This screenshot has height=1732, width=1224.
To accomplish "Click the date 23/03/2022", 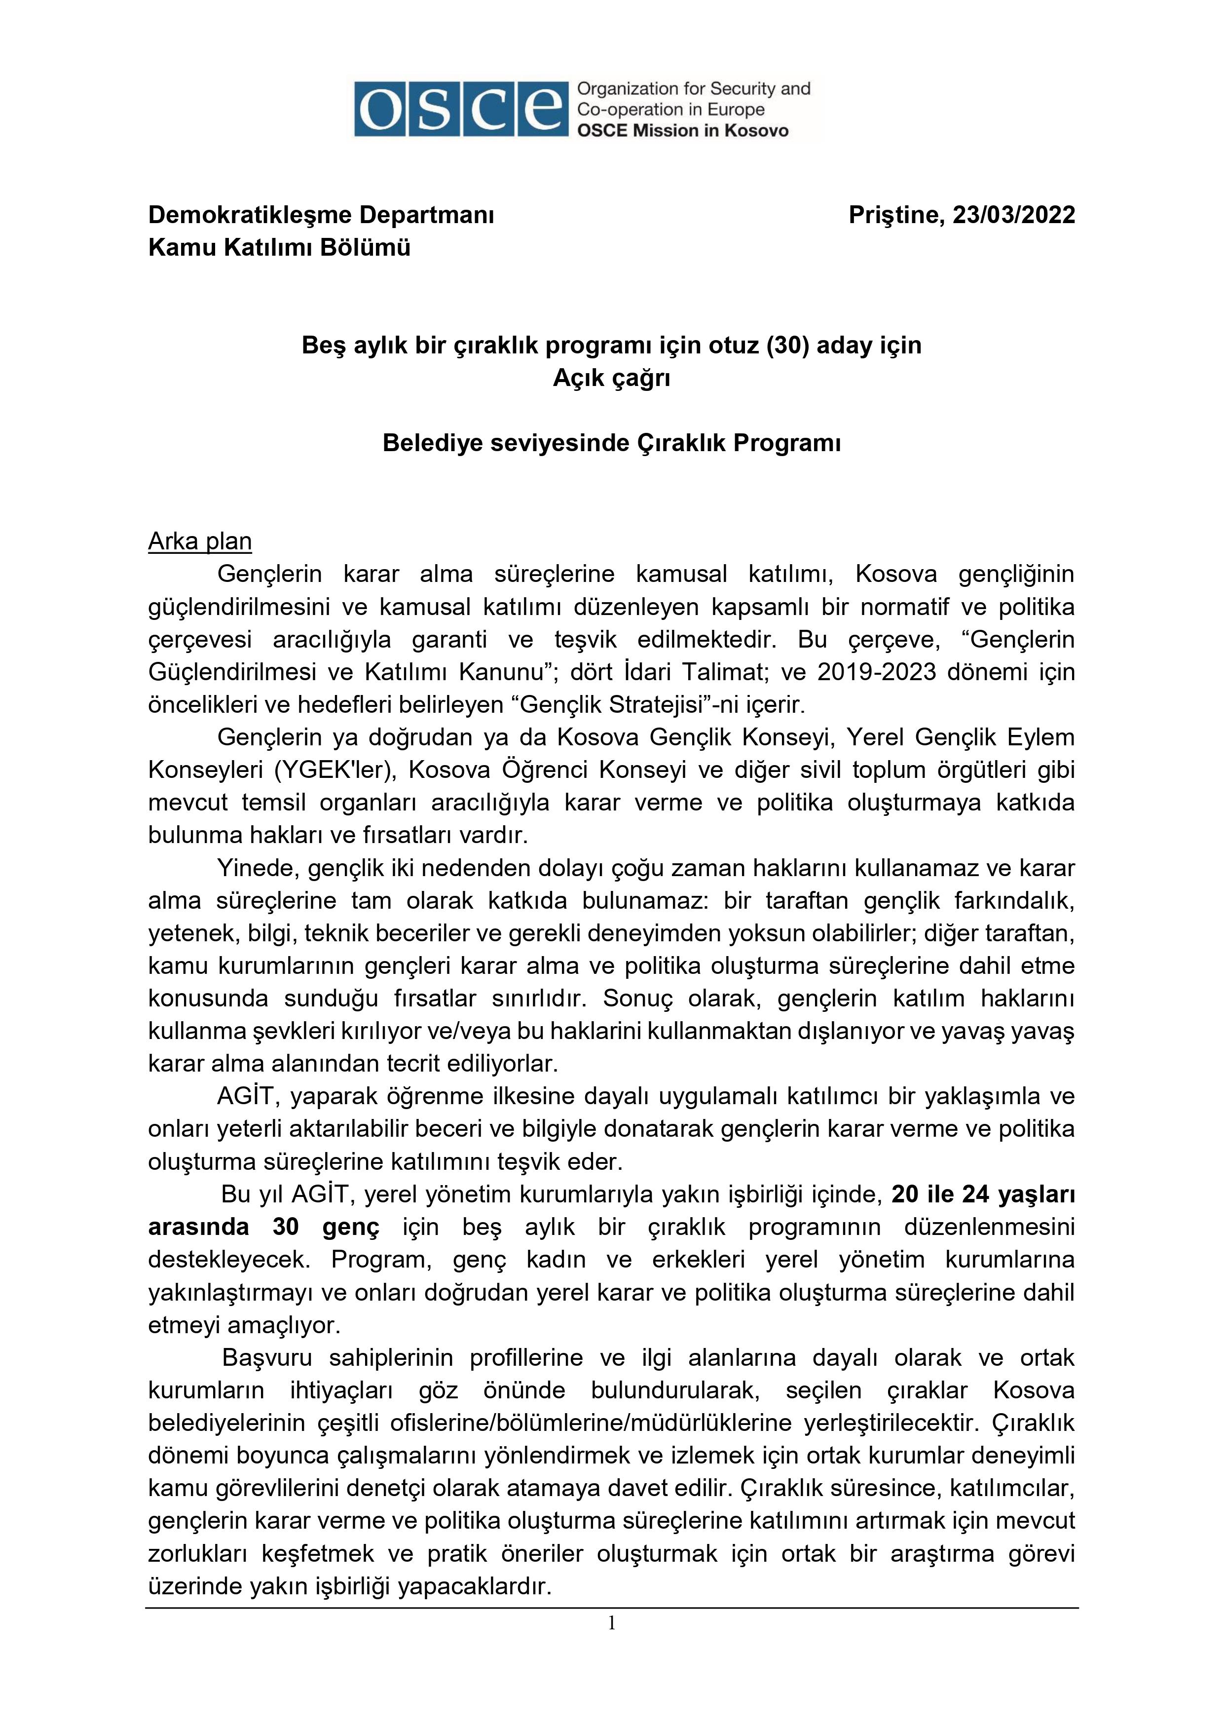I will click(1014, 215).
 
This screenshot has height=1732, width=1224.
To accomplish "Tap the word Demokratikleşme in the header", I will click(249, 215).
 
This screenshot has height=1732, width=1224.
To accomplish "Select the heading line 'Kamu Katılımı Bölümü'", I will click(279, 247).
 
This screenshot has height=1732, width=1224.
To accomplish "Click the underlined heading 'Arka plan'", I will click(200, 541).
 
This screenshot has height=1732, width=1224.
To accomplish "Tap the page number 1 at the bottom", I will click(612, 1622).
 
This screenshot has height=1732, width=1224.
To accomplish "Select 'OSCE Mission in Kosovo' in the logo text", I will click(682, 130).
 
